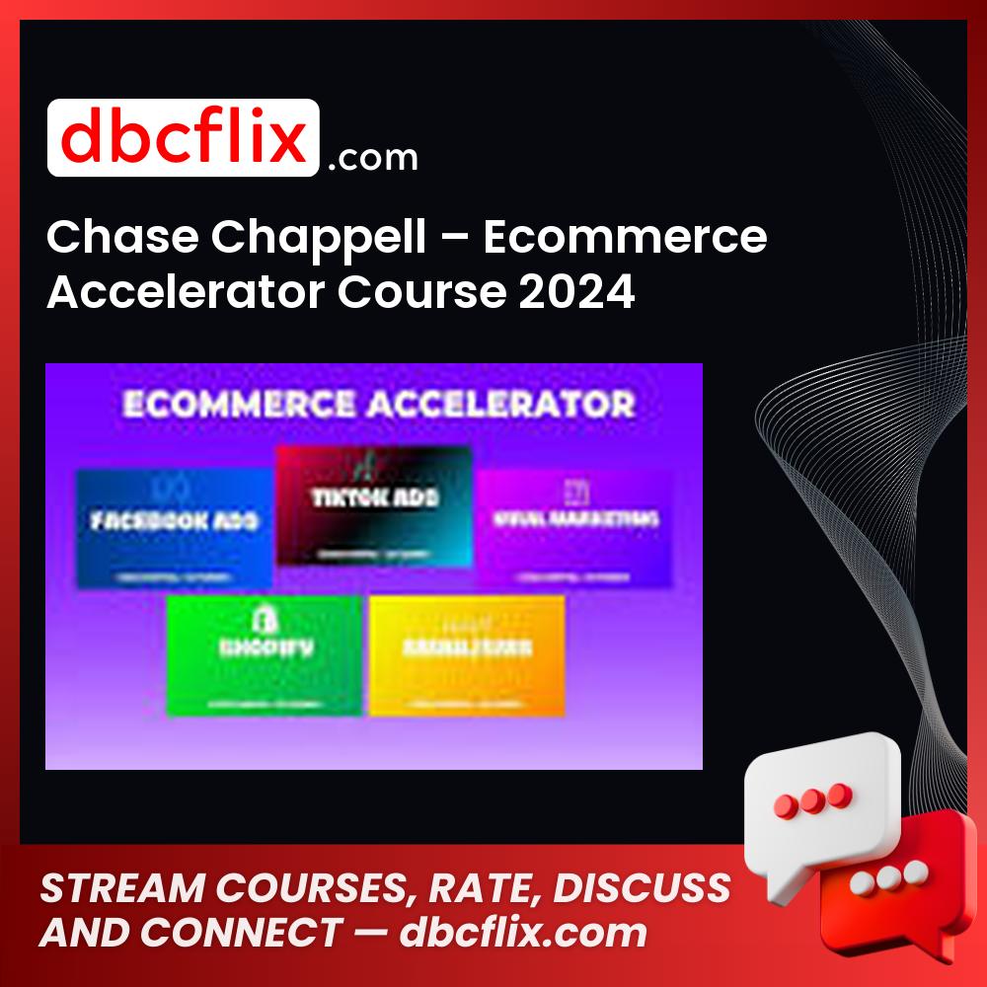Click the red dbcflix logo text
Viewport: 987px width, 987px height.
click(183, 138)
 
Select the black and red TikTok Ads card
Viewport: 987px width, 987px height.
click(374, 504)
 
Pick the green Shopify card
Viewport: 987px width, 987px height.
click(264, 654)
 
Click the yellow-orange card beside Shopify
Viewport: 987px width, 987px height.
click(467, 654)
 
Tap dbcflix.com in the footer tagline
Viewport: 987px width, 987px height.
click(523, 933)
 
